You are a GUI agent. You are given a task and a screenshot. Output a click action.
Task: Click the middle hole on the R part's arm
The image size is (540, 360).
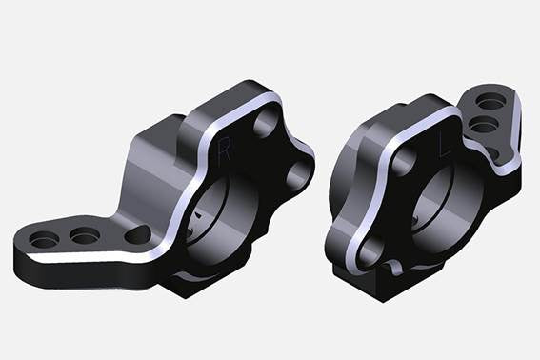pyautogui.click(x=85, y=234)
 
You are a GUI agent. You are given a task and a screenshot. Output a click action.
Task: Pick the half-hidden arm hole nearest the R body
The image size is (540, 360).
pyautogui.click(x=137, y=231)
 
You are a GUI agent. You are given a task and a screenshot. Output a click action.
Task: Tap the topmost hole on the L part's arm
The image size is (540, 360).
pyautogui.click(x=492, y=101)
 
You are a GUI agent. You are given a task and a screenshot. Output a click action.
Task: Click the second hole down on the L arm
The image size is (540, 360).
pyautogui.click(x=485, y=125)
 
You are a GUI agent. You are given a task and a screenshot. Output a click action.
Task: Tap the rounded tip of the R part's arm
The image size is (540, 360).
pyautogui.click(x=23, y=247)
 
